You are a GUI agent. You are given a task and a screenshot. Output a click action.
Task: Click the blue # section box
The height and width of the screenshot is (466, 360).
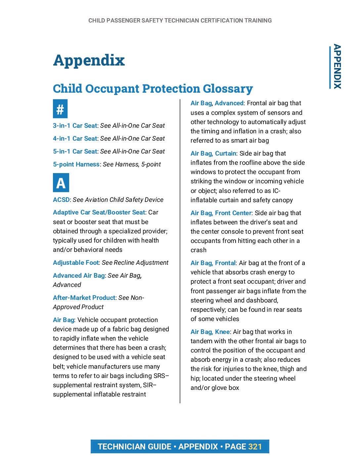tap(60, 109)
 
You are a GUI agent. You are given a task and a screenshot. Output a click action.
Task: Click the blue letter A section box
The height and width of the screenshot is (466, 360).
tap(61, 183)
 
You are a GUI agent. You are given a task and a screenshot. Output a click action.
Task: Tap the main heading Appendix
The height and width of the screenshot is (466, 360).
tap(89, 60)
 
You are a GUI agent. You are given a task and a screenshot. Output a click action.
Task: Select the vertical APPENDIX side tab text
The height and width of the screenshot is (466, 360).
tap(337, 67)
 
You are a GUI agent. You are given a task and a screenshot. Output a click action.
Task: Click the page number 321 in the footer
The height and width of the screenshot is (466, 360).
tap(255, 447)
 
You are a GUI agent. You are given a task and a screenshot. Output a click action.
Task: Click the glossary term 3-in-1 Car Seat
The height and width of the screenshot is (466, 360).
tap(75, 126)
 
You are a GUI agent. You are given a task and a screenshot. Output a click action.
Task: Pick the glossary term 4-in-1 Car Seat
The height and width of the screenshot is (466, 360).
tap(75, 139)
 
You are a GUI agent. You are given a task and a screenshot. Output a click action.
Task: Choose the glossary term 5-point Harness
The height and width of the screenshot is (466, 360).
tap(76, 164)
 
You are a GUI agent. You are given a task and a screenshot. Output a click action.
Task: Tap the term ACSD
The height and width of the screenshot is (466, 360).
tap(61, 200)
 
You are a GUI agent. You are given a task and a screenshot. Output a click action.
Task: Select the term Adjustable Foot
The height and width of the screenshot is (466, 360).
tap(76, 263)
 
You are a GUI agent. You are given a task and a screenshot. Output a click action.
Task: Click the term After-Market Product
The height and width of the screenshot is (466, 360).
tap(84, 298)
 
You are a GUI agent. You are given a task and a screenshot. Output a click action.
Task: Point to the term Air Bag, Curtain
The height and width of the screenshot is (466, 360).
tap(213, 154)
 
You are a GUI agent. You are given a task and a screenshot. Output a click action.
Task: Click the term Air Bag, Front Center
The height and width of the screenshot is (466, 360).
tap(221, 213)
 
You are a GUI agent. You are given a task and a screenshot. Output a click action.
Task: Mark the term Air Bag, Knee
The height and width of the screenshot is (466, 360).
tap(210, 332)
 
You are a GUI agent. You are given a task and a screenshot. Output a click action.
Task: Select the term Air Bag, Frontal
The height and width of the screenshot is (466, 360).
tap(213, 263)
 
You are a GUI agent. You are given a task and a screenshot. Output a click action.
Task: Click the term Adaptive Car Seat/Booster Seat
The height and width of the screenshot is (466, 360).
tap(99, 212)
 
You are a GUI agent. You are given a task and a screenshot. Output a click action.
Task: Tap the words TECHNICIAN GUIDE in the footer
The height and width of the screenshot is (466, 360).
tap(134, 447)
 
